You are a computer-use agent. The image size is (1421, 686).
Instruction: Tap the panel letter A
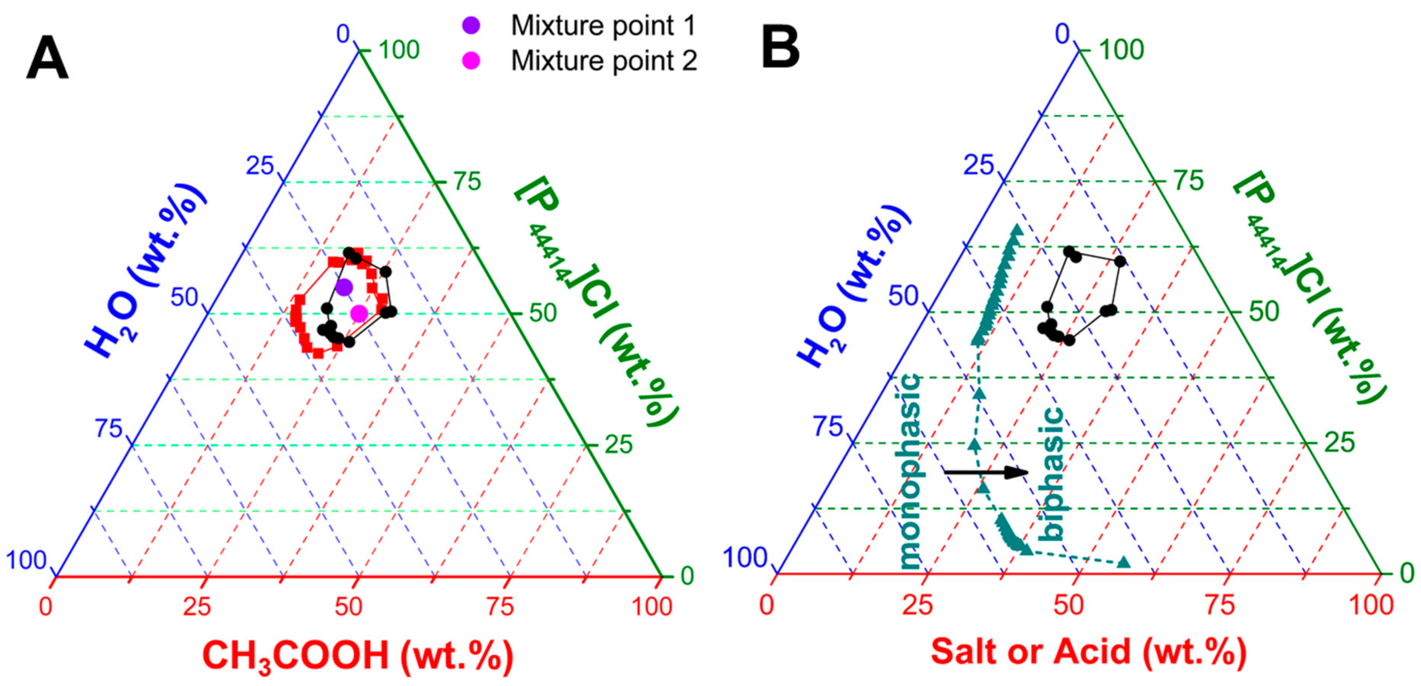tap(48, 59)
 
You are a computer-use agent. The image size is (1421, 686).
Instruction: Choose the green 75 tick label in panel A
tap(467, 181)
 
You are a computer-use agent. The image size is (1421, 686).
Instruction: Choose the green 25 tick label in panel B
tap(1339, 443)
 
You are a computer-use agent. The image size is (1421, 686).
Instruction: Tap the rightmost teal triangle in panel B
tap(1124, 562)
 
